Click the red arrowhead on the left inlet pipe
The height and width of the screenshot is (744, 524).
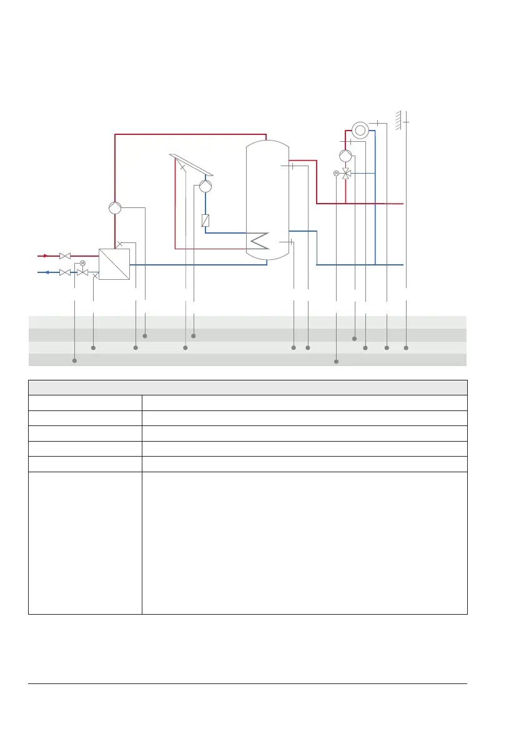pos(45,255)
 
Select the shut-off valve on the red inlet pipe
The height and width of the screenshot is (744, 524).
pos(64,255)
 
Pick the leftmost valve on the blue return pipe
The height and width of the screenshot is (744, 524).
pos(64,272)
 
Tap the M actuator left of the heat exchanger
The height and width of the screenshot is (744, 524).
pos(82,263)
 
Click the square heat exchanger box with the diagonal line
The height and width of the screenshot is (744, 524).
pos(114,264)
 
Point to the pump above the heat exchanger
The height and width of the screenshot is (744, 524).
pos(114,208)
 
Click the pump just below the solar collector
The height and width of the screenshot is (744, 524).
pos(205,186)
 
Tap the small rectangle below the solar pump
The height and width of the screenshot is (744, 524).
pos(205,220)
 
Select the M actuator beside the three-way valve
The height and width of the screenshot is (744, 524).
pos(336,173)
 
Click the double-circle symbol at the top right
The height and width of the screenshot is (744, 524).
pos(360,130)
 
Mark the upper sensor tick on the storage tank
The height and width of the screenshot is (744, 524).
pos(292,166)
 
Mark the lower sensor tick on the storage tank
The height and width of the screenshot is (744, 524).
pos(292,241)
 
